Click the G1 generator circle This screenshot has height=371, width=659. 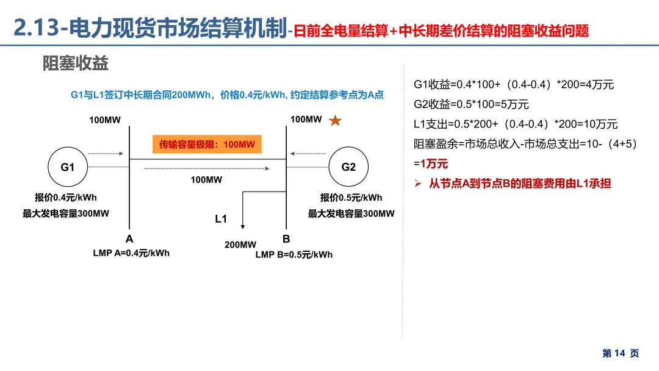[67, 167]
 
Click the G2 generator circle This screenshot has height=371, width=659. [348, 167]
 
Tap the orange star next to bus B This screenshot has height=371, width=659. [335, 121]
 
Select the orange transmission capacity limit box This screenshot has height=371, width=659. [206, 145]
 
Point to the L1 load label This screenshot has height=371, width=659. [221, 219]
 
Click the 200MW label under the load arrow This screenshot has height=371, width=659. [240, 245]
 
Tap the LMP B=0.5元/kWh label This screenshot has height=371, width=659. [294, 254]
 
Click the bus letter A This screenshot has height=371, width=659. [129, 239]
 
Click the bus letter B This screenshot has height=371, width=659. [286, 239]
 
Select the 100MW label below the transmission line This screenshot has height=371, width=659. [206, 179]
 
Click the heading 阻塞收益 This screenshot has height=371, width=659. [76, 63]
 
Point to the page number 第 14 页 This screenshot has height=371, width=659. [621, 353]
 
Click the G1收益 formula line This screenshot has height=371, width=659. [514, 85]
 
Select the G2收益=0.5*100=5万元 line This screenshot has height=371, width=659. [471, 104]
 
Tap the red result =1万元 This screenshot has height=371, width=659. [431, 164]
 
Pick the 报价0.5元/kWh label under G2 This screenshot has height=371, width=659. [351, 197]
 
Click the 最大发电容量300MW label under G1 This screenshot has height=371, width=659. [66, 214]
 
